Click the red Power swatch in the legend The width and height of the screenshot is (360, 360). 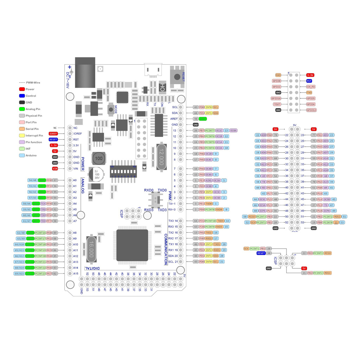pos(22,89)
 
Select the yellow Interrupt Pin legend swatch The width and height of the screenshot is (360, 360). pos(22,135)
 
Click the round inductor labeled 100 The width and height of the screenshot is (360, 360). pos(99,159)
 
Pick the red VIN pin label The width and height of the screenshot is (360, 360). pos(55,169)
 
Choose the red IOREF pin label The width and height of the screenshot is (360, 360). pos(53,134)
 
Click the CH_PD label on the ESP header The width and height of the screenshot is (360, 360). pos(311,86)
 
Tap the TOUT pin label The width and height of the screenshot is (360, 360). pos(277,104)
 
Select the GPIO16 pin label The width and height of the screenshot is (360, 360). pos(276,98)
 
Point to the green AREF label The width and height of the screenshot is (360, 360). pos(203,119)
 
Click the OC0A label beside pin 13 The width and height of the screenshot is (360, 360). pos(233,130)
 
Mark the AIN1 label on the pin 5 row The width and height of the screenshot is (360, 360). pos(209,180)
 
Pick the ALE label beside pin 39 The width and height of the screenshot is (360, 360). pos(326,182)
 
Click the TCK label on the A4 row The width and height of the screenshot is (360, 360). pos(43,204)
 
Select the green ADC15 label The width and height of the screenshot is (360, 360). pos(30,274)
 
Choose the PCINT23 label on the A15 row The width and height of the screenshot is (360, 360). pos(40,274)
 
